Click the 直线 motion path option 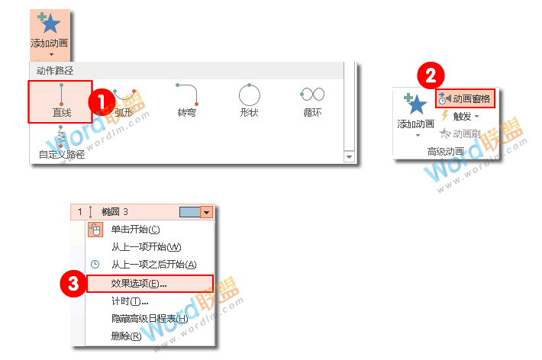click(61, 101)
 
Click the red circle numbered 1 click(100, 100)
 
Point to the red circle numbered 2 click(430, 76)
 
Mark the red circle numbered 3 click(73, 283)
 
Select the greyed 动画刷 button click(460, 133)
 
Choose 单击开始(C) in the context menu click(135, 230)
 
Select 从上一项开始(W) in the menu click(146, 247)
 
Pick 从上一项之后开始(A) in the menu click(153, 265)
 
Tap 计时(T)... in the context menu click(129, 301)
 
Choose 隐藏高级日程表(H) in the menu click(149, 318)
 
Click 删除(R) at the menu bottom click(126, 336)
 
